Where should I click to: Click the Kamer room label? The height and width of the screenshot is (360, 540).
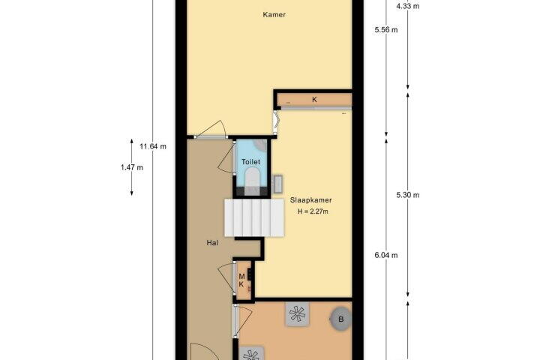[x=274, y=14]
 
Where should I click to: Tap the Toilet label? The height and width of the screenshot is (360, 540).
[x=250, y=162]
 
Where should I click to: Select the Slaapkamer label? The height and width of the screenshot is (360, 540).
[x=311, y=200]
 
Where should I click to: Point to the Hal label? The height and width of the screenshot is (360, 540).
[x=212, y=242]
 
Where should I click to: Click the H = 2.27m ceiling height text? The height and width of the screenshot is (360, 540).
[x=313, y=211]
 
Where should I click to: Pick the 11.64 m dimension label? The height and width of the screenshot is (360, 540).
[x=153, y=146]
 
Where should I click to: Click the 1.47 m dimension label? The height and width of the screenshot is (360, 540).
[x=132, y=168]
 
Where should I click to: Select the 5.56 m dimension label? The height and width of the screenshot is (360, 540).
[x=386, y=30]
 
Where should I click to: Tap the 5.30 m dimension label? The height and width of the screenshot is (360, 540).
[x=408, y=195]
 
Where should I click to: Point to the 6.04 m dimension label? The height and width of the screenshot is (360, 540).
[x=386, y=255]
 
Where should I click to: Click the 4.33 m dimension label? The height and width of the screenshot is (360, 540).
[x=408, y=6]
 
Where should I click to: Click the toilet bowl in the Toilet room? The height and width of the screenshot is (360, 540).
[x=253, y=178]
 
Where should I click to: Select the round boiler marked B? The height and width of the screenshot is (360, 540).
[x=341, y=319]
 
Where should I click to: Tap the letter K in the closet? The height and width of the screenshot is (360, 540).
[x=314, y=100]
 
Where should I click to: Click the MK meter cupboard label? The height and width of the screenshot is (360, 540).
[x=241, y=280]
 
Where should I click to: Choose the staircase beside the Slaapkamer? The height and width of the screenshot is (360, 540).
[x=254, y=217]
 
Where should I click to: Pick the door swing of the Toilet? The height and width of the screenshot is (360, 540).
[x=226, y=158]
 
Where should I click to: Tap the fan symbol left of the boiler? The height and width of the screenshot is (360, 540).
[x=297, y=313]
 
